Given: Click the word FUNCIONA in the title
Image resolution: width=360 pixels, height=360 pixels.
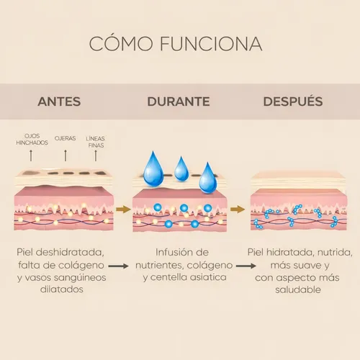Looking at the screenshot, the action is point(211,44).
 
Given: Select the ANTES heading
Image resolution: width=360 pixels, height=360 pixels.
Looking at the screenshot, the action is point(59,102).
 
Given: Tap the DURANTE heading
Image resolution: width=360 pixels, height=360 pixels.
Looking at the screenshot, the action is point(179,102).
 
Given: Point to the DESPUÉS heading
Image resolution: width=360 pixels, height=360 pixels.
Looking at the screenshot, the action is point(293,101).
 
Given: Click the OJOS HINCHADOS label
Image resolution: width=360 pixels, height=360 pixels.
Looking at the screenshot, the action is point(32,140).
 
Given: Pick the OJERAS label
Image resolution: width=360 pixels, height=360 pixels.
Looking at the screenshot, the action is point(65,138).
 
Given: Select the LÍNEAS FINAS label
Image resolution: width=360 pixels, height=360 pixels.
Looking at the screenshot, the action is point(95,142).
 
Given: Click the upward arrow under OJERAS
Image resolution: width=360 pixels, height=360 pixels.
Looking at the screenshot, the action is point(66,156).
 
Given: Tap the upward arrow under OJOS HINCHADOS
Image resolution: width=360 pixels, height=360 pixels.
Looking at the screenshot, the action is point(31,156).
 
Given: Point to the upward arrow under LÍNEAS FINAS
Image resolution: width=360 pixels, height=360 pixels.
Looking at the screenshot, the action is point(96,156).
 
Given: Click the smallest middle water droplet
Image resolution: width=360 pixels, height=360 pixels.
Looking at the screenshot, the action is point(181,169).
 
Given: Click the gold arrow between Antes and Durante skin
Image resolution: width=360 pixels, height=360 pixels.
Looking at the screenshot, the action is point(123,210).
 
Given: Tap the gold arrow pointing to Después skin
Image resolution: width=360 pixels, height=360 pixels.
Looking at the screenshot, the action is point(238,210).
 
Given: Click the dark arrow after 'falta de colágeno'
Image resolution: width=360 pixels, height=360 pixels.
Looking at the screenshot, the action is point(118,266).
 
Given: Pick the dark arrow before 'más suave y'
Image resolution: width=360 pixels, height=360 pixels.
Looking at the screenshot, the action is point(246,266).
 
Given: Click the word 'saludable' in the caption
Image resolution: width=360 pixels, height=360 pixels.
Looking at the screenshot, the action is point(298,289).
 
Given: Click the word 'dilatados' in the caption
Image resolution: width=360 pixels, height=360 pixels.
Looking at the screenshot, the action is point(62,289).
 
